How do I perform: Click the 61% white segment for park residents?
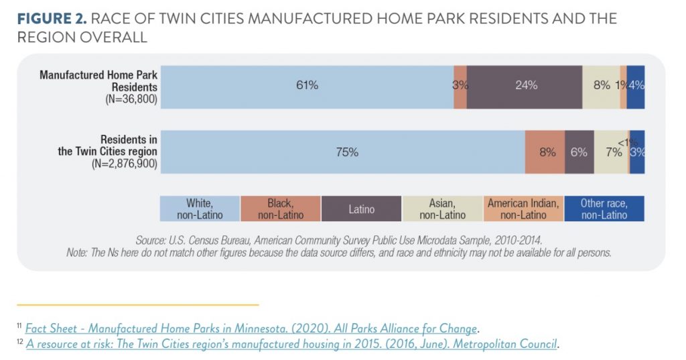coord(307,86)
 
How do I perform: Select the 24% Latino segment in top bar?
coord(525,86)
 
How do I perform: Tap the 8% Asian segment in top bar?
coord(601,86)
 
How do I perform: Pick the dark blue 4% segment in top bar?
coord(636,86)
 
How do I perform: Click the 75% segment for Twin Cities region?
coord(343,152)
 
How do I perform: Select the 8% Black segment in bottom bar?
coord(545,152)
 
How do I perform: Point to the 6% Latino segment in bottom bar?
coord(579,152)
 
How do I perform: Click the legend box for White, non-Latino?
coord(200,208)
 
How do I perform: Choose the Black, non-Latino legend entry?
coord(281,208)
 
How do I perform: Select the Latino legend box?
coord(362,208)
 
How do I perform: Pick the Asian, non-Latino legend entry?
coord(442,208)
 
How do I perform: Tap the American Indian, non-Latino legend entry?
coord(523,208)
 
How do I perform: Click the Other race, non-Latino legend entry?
coord(604,208)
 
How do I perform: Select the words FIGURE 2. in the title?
coord(52,19)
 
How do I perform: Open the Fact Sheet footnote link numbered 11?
coord(251,328)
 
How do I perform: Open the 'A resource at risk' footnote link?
coord(291,344)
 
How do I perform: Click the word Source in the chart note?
coord(151,239)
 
